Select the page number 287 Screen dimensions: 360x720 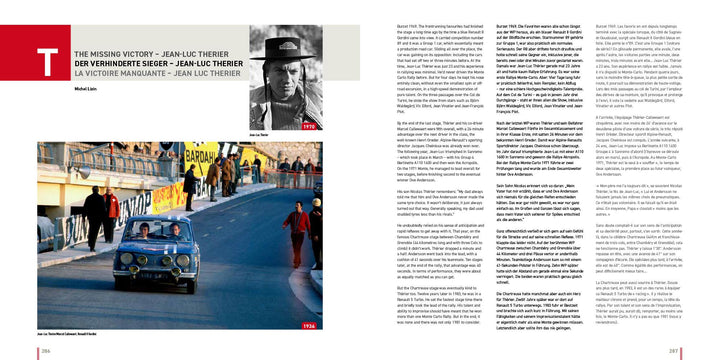[673, 351]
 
